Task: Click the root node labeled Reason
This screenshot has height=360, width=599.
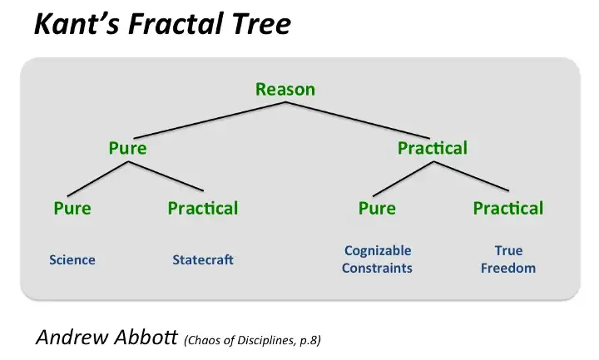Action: (x=285, y=89)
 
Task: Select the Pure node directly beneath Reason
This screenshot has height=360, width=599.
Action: (x=127, y=149)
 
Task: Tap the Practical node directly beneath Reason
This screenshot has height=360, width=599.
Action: (x=432, y=149)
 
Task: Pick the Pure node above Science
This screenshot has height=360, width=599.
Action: (x=72, y=208)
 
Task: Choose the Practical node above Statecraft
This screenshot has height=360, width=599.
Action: (x=202, y=208)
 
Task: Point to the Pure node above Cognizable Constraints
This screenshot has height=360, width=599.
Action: (x=377, y=208)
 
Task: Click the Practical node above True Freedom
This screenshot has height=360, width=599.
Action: (x=507, y=208)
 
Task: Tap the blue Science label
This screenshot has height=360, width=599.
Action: (x=72, y=260)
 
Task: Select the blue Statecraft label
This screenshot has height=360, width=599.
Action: (x=203, y=260)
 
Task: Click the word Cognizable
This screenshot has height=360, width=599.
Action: (x=377, y=251)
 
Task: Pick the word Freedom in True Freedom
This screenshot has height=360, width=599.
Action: (x=507, y=269)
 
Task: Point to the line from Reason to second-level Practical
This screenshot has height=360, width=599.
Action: (x=358, y=119)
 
